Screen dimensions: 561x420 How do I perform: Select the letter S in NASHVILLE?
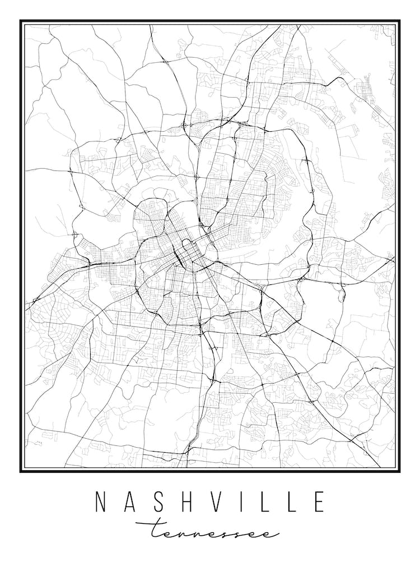click(x=157, y=502)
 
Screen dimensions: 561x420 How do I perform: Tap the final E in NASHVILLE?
click(x=318, y=502)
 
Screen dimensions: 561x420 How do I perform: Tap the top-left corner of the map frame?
click(x=21, y=21)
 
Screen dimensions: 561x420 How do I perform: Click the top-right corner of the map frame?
click(x=399, y=21)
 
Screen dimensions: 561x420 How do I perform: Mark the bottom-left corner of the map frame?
click(x=21, y=471)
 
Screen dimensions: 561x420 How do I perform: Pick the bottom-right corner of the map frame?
click(x=399, y=471)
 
